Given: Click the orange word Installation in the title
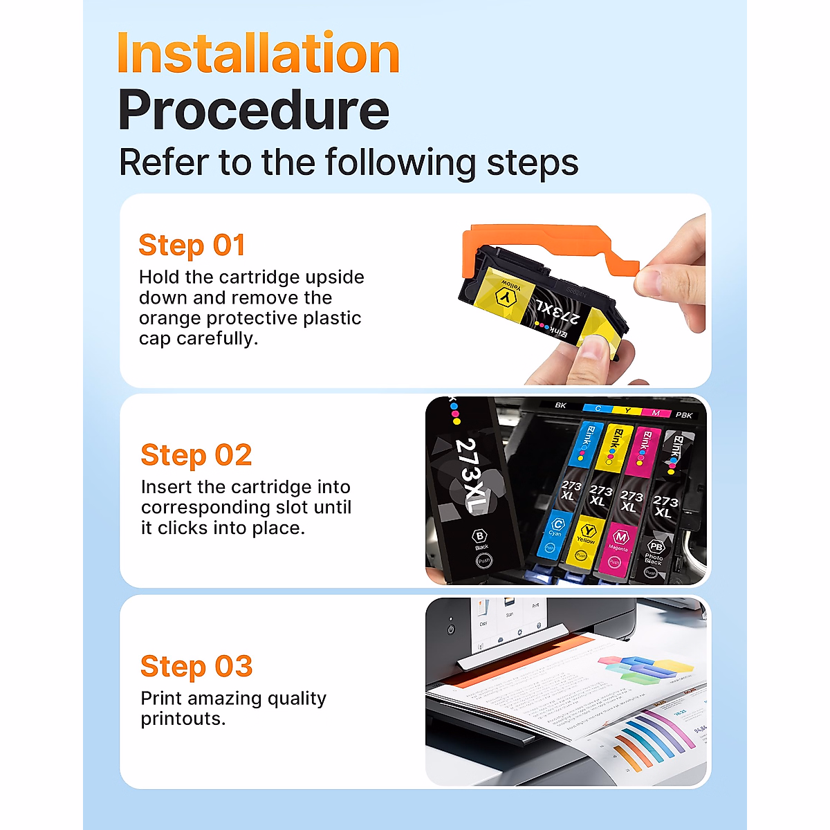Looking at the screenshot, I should tap(259, 54).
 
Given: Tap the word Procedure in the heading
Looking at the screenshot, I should tap(253, 111).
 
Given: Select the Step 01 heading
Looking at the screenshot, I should tap(192, 246).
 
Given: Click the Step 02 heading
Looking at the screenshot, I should tap(196, 455).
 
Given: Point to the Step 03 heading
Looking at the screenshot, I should tap(196, 667).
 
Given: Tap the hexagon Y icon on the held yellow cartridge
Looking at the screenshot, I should tap(507, 297).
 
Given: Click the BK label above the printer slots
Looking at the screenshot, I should tap(560, 405).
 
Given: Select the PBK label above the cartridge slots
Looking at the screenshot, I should tap(683, 415).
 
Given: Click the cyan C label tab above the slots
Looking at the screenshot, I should tap(598, 409).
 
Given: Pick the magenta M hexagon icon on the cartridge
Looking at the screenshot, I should tap(620, 537).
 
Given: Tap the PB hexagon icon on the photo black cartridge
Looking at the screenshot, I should tap(655, 546).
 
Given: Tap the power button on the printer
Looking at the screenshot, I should tap(451, 629).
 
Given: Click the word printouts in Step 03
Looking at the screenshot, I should tap(182, 719).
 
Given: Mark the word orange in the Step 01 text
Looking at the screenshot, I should tap(170, 318).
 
